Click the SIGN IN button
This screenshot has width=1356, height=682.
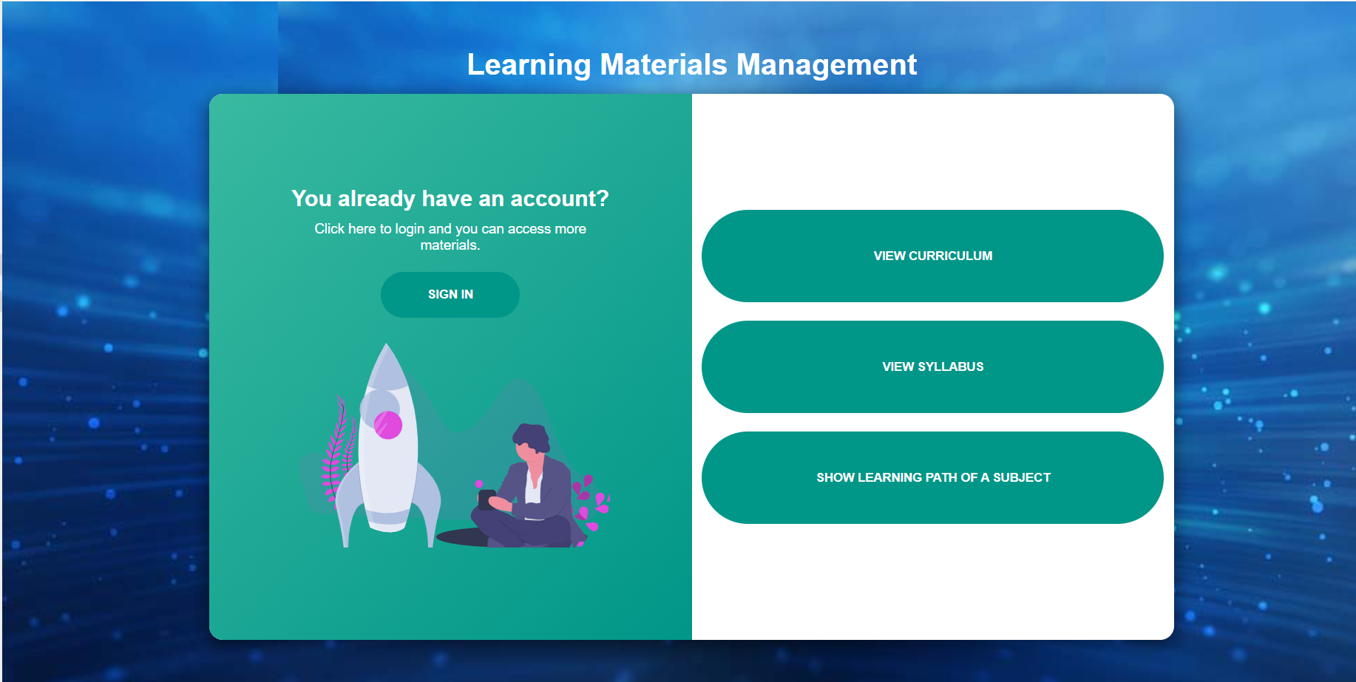coord(450,294)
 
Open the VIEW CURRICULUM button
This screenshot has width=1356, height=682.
coord(932,256)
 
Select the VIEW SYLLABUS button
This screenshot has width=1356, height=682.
coord(932,366)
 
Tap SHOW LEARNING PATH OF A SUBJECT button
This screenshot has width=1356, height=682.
coord(932,477)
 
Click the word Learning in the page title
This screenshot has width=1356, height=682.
coord(529,65)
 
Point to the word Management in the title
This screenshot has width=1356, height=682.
coord(827,65)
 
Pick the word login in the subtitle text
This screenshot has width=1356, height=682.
coord(410,229)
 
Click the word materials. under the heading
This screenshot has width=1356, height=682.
coord(450,245)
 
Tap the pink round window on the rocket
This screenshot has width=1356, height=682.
coord(387,425)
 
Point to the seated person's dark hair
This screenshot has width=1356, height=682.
coord(532,437)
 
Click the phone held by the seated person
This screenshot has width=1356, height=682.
coord(486,499)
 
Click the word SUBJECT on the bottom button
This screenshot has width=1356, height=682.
coord(1021,477)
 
